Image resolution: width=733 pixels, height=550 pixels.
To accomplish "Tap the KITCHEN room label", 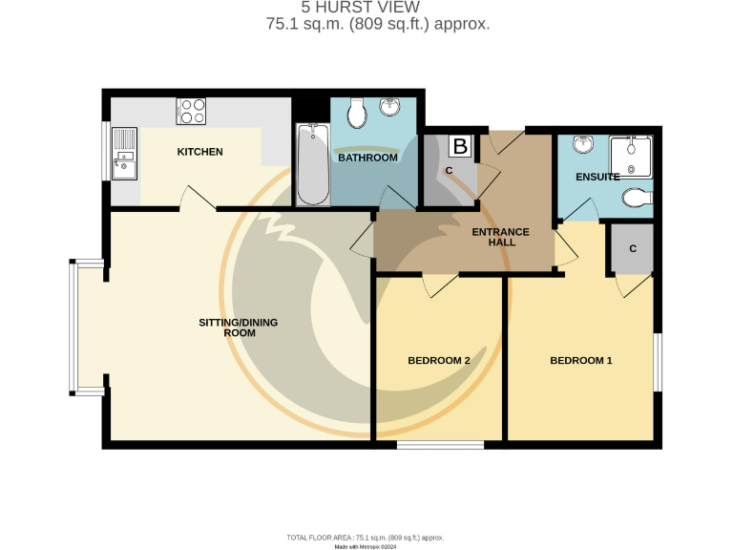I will pyautogui.click(x=199, y=152).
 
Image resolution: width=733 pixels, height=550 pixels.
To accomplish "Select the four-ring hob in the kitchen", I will pyautogui.click(x=192, y=112).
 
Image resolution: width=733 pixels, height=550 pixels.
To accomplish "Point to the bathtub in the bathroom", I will pyautogui.click(x=312, y=164).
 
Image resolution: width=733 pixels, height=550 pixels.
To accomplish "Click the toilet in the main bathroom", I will pyautogui.click(x=357, y=114).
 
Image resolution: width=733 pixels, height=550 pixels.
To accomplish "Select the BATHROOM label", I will pyautogui.click(x=367, y=158).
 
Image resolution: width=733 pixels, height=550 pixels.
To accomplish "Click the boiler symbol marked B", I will pyautogui.click(x=460, y=147).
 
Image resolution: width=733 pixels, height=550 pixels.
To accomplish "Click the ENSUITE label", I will pyautogui.click(x=597, y=177).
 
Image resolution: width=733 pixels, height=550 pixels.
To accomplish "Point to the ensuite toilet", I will pyautogui.click(x=635, y=198).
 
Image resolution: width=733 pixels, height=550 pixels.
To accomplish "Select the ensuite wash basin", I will pyautogui.click(x=583, y=145).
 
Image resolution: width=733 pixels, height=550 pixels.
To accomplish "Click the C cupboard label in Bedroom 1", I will pyautogui.click(x=632, y=247).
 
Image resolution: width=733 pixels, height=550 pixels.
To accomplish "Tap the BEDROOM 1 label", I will pyautogui.click(x=580, y=360).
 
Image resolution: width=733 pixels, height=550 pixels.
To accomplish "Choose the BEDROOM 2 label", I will pyautogui.click(x=439, y=360).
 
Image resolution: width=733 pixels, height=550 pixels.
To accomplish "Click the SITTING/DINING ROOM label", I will pyautogui.click(x=238, y=328).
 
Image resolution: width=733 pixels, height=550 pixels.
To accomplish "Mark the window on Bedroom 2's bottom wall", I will pyautogui.click(x=439, y=444).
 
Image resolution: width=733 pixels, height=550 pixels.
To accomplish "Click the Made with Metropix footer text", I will pyautogui.click(x=366, y=546).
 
